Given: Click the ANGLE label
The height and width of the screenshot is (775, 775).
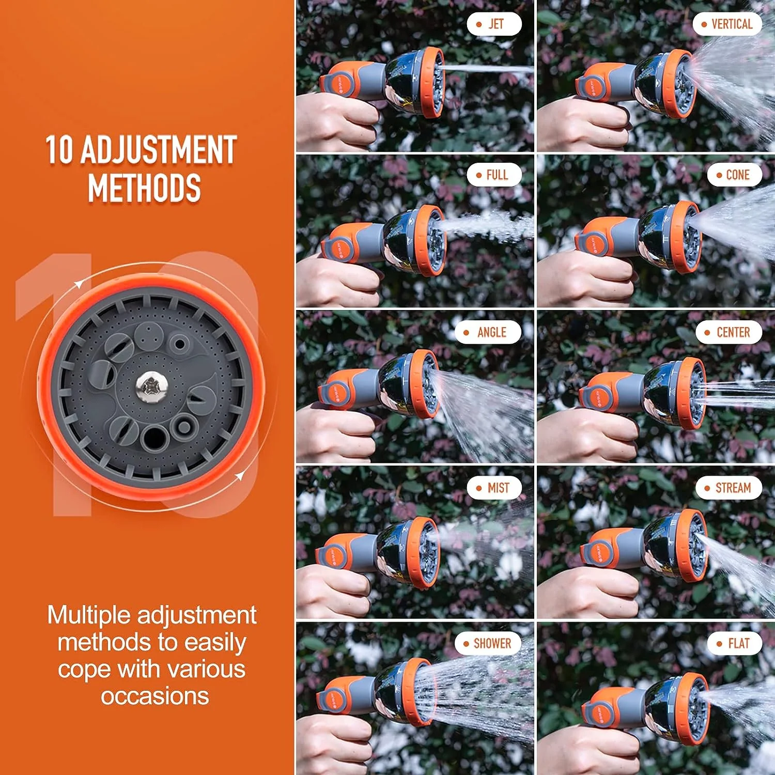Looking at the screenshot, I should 491,332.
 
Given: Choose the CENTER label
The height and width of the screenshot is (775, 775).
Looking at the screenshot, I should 732,332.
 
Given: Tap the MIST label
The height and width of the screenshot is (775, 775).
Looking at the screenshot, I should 498,488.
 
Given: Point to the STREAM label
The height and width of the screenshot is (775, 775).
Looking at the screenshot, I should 732,488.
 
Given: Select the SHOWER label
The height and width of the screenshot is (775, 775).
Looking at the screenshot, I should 491,643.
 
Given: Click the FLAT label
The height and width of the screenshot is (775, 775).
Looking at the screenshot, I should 738,643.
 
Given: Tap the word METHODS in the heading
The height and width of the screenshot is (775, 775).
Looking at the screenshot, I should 144,188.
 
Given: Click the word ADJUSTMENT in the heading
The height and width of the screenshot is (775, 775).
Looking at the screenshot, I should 159,150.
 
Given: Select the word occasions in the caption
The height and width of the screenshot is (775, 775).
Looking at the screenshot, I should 154,696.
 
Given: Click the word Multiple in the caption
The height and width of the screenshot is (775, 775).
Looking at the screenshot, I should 88,615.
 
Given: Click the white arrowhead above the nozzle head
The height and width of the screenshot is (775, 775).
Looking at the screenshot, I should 79,284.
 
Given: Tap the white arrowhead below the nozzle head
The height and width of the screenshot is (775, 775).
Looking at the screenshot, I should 240,475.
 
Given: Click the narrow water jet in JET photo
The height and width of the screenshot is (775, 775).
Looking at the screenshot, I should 486,68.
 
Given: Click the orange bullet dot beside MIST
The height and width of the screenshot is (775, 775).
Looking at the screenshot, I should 478,488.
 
